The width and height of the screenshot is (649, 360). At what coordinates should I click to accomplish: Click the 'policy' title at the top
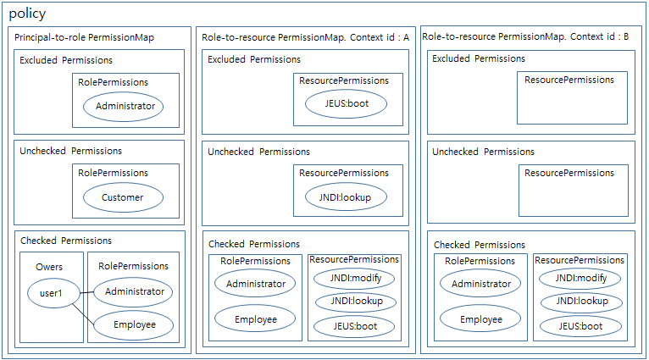coord(27,14)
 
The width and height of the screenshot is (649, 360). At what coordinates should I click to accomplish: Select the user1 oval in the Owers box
coord(51,293)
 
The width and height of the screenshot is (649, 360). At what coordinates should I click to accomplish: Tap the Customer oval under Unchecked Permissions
coord(124,197)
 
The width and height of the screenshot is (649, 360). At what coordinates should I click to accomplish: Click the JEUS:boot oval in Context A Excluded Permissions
coord(346,105)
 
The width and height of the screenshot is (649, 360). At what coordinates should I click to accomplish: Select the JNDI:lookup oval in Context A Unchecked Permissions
coord(346,197)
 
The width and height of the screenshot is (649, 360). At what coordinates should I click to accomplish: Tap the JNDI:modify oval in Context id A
coord(354,279)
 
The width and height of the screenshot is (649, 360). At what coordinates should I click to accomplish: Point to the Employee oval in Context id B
coord(480,319)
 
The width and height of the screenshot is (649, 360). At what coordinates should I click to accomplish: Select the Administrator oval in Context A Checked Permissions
coord(255,283)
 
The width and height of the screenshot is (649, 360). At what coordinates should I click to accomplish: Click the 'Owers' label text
coord(49,267)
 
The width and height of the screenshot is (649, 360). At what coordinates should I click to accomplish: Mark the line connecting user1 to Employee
coord(82,310)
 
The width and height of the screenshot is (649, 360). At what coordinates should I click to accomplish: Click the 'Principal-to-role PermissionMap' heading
coord(85,37)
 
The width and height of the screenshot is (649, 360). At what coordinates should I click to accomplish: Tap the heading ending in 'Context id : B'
coord(525,36)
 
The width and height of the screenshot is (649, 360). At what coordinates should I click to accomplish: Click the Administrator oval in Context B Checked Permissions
coord(480,284)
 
